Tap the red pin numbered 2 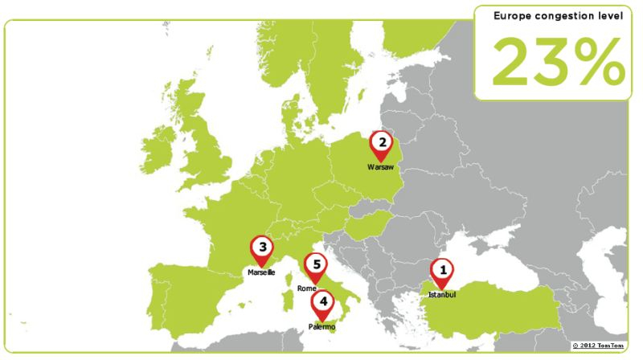pos(382,145)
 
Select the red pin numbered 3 pos(261,248)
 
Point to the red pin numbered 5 pos(316,266)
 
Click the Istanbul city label pos(441,295)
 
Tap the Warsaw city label pos(381,167)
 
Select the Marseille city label pos(261,272)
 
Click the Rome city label pos(307,288)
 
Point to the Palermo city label pos(321,327)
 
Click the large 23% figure pos(558,62)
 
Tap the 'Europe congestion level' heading pos(559,15)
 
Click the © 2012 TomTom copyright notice pos(598,346)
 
